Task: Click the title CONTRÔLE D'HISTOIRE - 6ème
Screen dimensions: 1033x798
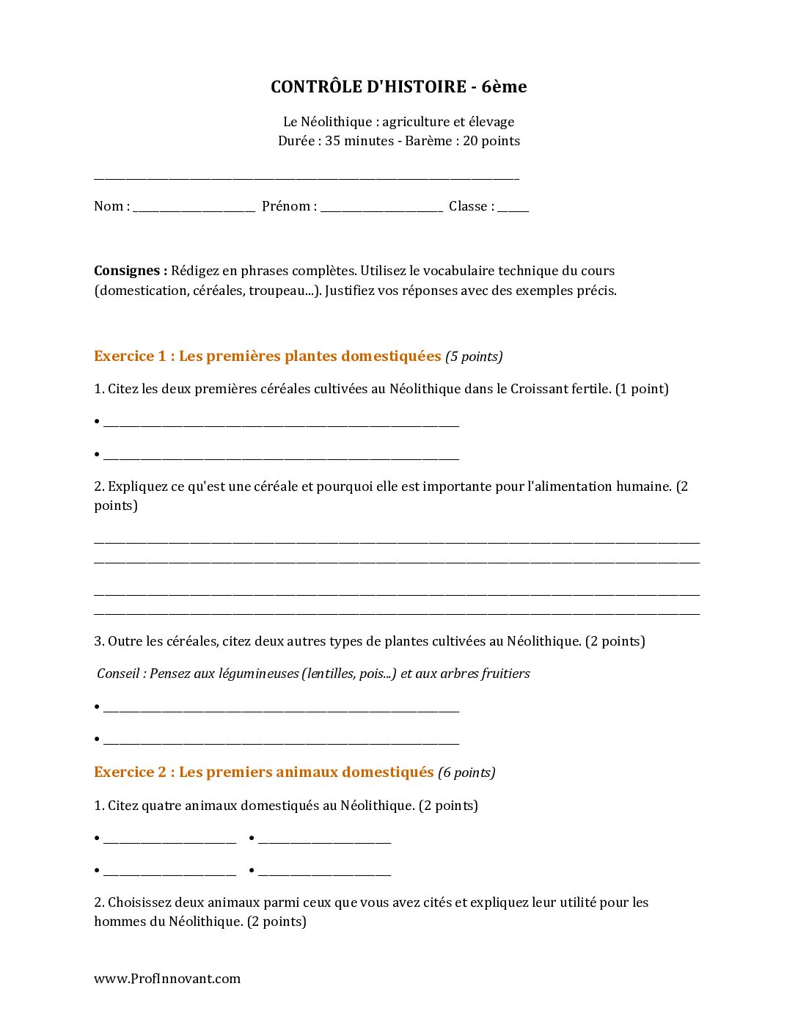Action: [x=398, y=87]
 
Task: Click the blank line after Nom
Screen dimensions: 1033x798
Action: [x=194, y=208]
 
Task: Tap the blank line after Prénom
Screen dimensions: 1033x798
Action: [x=381, y=208]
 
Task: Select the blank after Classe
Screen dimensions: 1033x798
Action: [x=513, y=208]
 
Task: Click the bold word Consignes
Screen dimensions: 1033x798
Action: [x=130, y=271]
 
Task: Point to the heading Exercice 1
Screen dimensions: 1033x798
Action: [x=267, y=357]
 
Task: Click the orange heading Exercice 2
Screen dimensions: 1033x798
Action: [x=263, y=773]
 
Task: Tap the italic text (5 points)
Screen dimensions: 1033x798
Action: [x=474, y=357]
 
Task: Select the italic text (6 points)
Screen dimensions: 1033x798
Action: [x=466, y=773]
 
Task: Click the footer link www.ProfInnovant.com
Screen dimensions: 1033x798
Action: [x=167, y=979]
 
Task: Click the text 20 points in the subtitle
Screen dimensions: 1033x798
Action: [x=491, y=141]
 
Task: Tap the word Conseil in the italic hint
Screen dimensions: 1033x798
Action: [x=117, y=674]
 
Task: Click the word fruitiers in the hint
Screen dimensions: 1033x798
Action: [x=505, y=674]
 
